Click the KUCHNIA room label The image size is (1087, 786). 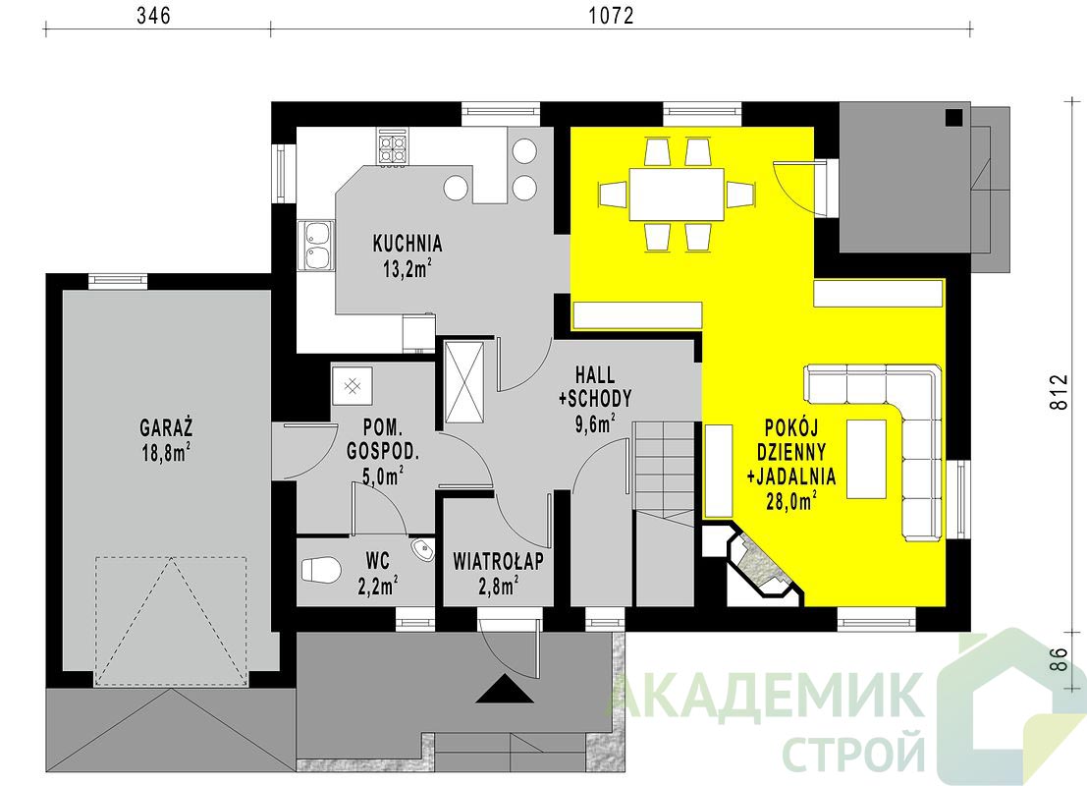click(408, 244)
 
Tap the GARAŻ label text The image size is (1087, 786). click(166, 426)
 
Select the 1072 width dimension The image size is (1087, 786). click(612, 16)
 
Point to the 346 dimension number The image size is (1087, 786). click(153, 16)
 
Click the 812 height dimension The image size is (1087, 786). click(1059, 392)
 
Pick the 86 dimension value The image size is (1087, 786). click(1059, 658)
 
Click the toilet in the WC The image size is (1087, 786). click(321, 570)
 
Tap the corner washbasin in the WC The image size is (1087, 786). click(422, 550)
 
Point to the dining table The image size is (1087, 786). click(677, 194)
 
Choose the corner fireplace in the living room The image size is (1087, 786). click(758, 562)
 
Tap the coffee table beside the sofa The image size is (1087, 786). click(866, 459)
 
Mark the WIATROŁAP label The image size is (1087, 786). click(499, 561)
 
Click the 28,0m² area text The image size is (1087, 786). click(791, 500)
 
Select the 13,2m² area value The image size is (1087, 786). click(408, 268)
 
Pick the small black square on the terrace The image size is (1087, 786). click(954, 118)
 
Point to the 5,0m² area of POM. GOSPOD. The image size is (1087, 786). click(383, 476)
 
